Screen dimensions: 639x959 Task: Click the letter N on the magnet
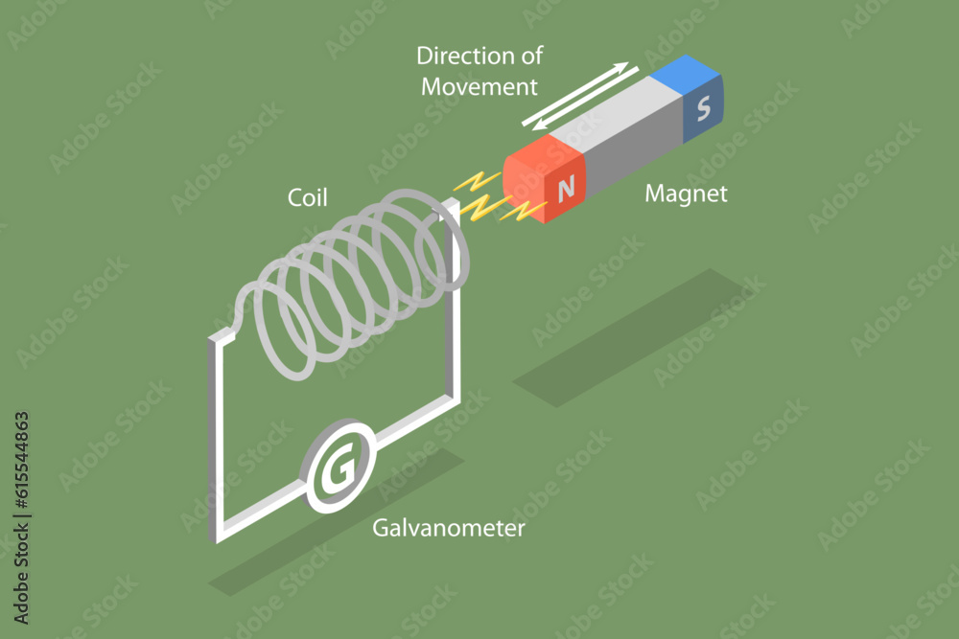pos(566,189)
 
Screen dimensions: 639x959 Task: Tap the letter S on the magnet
pos(704,110)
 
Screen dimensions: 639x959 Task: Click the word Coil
pos(308,197)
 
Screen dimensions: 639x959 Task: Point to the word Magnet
pos(686,194)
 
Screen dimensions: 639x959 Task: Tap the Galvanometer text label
pos(449,528)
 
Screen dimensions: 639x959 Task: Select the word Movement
pos(480,86)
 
